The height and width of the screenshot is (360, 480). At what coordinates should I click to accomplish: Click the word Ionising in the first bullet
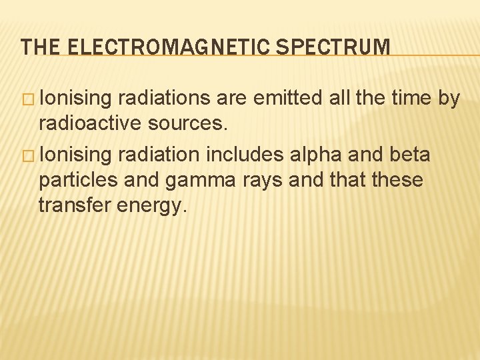pyautogui.click(x=75, y=99)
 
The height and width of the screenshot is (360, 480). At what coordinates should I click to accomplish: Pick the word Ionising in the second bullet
pyautogui.click(x=75, y=155)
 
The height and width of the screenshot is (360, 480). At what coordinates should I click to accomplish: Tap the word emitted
pyautogui.click(x=292, y=99)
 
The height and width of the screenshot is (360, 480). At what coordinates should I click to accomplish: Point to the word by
pyautogui.click(x=449, y=99)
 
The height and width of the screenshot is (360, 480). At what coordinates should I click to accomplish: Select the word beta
pyautogui.click(x=409, y=155)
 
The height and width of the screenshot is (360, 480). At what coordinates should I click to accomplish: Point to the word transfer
pyautogui.click(x=75, y=205)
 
